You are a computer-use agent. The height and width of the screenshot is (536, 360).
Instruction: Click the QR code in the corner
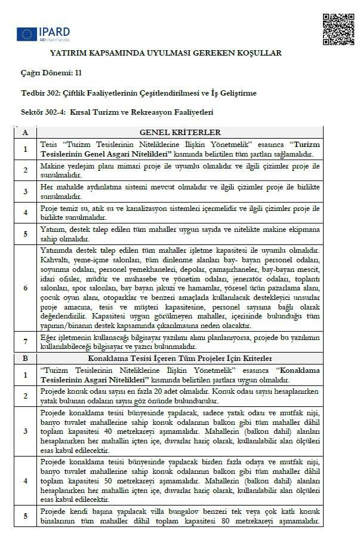pos(338,29)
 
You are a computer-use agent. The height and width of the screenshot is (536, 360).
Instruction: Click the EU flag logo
pos(26,34)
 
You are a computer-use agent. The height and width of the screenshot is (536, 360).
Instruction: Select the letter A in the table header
pos(25,132)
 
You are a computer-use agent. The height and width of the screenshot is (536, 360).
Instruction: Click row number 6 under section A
pos(25,287)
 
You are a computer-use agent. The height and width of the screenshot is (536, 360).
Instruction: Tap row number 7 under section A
pos(25,342)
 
